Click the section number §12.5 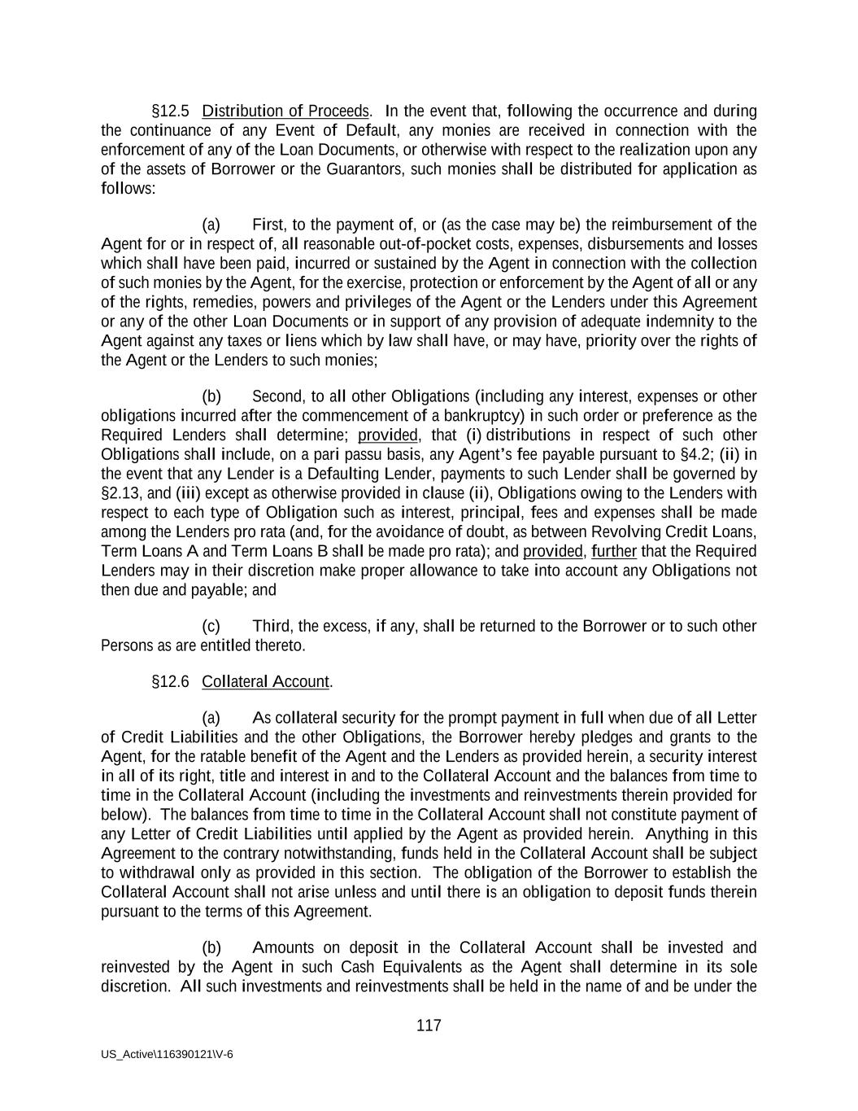[x=171, y=111]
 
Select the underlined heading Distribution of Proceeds [x=285, y=111]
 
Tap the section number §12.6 [x=171, y=681]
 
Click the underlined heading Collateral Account [x=266, y=681]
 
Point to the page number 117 [x=429, y=1026]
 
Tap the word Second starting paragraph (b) [x=277, y=396]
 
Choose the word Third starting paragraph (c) [x=272, y=626]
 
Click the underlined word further [x=614, y=551]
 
